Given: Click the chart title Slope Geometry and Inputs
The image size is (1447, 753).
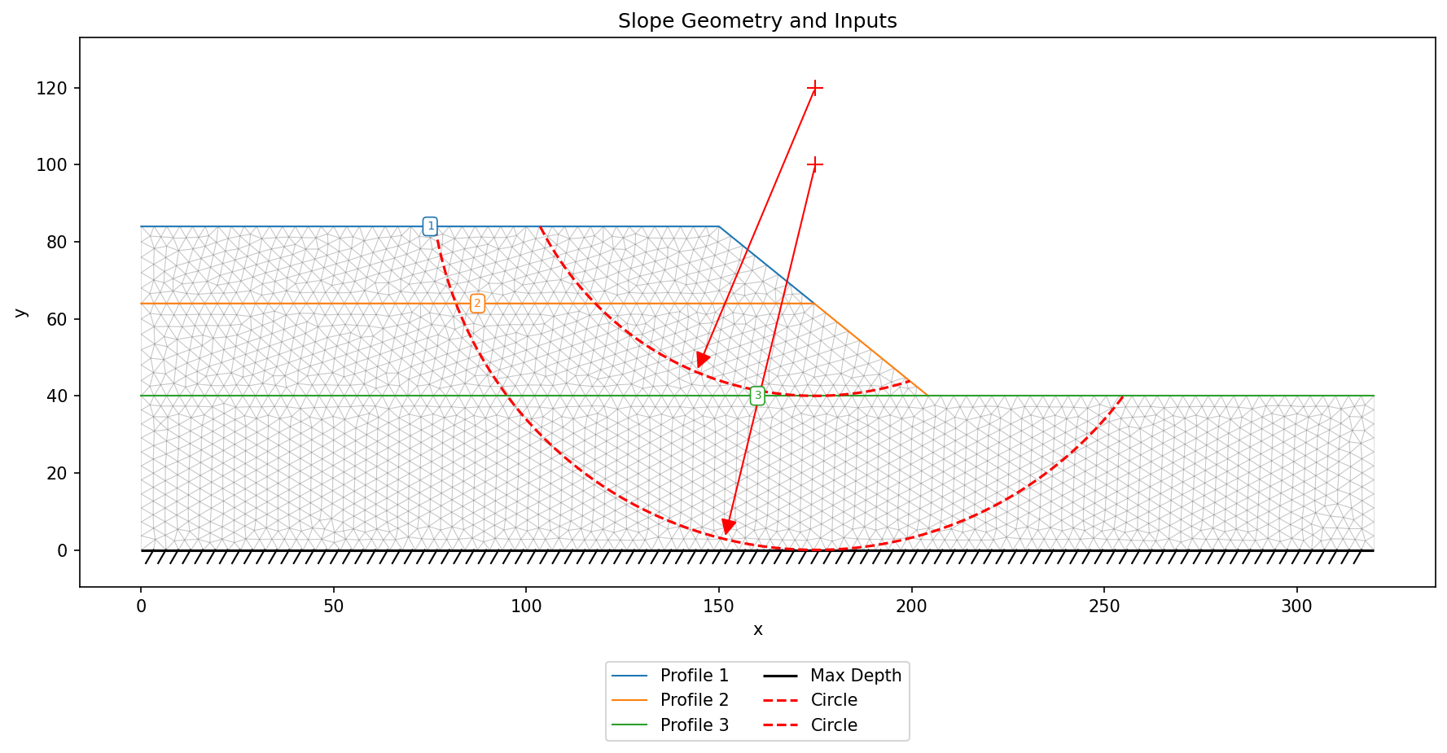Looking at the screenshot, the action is (x=757, y=21).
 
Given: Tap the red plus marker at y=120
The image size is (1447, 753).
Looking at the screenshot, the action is (x=815, y=88).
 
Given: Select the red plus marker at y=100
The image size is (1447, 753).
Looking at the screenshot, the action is (x=815, y=165).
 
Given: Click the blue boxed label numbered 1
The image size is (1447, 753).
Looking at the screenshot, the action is (x=431, y=226).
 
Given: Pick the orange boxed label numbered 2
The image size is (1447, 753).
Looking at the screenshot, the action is (x=477, y=304).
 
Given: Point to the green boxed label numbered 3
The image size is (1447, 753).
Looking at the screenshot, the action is (x=757, y=396).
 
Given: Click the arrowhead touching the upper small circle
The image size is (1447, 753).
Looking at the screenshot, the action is (x=702, y=361).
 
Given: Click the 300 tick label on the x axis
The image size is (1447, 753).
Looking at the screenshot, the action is (x=1296, y=606).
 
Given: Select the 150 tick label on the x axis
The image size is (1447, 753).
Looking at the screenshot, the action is (x=718, y=606).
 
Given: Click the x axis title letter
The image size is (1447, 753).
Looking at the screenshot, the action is (x=758, y=630).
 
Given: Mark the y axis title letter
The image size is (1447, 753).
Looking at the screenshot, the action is (x=20, y=312).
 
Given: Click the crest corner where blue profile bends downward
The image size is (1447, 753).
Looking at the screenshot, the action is (x=718, y=226).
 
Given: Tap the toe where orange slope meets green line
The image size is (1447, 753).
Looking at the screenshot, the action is (x=928, y=396).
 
